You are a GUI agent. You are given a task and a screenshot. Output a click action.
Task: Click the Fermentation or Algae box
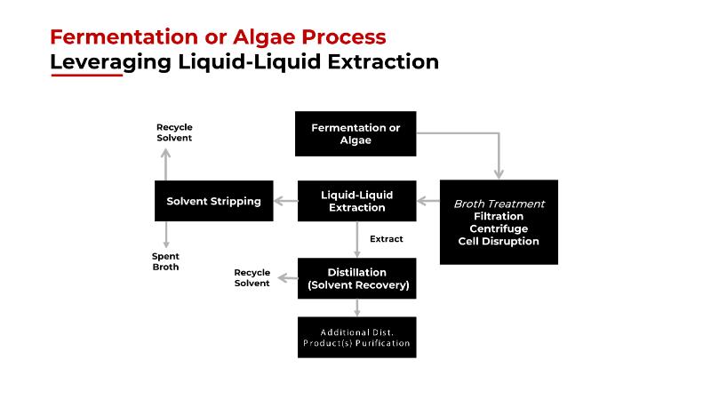pyautogui.click(x=355, y=134)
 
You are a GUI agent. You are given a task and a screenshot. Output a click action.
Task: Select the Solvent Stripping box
pyautogui.click(x=213, y=201)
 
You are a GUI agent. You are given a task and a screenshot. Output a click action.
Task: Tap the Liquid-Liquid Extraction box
pyautogui.click(x=355, y=201)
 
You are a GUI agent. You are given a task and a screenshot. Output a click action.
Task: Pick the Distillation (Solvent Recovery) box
pyautogui.click(x=355, y=278)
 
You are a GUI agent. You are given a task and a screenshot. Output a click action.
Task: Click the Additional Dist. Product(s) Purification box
pyautogui.click(x=355, y=337)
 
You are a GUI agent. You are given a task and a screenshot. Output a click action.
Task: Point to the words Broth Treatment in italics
pyautogui.click(x=499, y=204)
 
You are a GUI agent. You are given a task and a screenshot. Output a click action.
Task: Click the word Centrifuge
pyautogui.click(x=499, y=228)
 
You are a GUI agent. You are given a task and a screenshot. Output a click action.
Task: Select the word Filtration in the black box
pyautogui.click(x=499, y=216)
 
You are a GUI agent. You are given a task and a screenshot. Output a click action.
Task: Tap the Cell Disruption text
pyautogui.click(x=499, y=241)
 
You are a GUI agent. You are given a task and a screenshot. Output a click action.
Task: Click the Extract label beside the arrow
pyautogui.click(x=386, y=239)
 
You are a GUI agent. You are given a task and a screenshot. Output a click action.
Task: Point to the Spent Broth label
pyautogui.click(x=165, y=261)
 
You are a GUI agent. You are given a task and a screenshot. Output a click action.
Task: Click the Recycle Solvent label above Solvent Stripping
pyautogui.click(x=174, y=132)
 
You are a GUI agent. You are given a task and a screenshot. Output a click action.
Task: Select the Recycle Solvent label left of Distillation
pyautogui.click(x=252, y=277)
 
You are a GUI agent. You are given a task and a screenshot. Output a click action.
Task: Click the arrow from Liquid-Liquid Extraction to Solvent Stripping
pyautogui.click(x=284, y=201)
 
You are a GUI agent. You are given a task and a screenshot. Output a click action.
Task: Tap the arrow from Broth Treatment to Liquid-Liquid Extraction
pyautogui.click(x=428, y=201)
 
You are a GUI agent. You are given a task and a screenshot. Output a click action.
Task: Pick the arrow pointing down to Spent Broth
pyautogui.click(x=165, y=234)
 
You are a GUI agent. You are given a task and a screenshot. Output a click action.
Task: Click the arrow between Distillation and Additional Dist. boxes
pyautogui.click(x=356, y=308)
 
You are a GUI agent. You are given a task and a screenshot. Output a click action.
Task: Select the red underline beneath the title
pyautogui.click(x=86, y=76)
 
